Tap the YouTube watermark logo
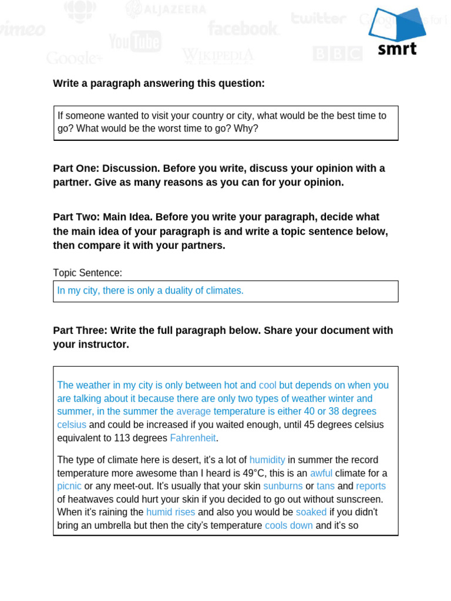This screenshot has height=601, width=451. pos(134,42)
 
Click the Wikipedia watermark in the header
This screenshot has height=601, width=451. pos(218,56)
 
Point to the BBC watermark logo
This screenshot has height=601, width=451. pos(337,54)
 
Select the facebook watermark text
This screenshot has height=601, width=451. pos(243,28)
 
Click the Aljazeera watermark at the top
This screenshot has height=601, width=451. pos(166,9)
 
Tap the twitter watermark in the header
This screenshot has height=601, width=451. pos(318,18)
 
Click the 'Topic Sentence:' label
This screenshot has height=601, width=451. pos(87,273)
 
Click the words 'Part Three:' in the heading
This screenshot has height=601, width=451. pos(80,330)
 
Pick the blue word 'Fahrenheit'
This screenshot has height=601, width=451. pos(193,438)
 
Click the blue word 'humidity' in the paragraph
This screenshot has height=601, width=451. pos(267,460)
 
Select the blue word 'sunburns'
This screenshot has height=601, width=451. pos(283,486)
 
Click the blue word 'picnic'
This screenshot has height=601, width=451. pos(69,486)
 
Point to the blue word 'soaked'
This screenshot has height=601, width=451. pos(311,512)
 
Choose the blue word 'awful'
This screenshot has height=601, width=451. pos(321,473)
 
